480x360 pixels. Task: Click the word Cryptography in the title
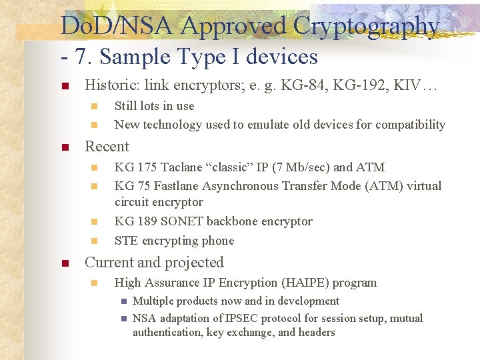point(367,27)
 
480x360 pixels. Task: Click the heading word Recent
point(107,147)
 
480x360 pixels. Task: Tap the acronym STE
point(126,241)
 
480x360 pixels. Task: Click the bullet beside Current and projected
point(64,263)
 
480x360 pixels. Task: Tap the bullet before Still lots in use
point(94,106)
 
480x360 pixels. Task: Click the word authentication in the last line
point(169,332)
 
